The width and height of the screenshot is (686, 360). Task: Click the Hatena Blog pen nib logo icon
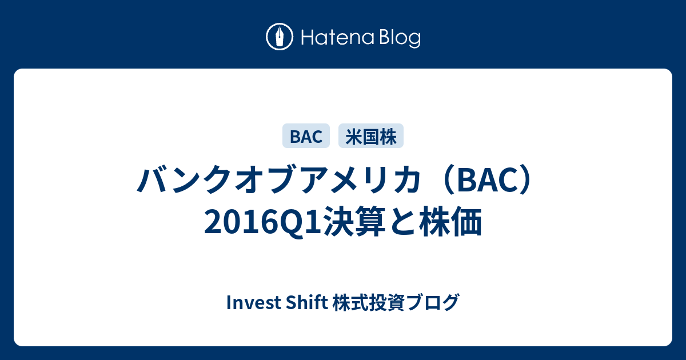pyautogui.click(x=280, y=37)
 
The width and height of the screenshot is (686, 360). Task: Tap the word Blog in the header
pyautogui.click(x=400, y=38)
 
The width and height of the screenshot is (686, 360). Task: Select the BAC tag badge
pyautogui.click(x=306, y=136)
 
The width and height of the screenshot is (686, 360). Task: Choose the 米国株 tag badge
pyautogui.click(x=371, y=136)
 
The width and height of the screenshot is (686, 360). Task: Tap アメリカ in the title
pyautogui.click(x=361, y=179)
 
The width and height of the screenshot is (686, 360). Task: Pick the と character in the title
pyautogui.click(x=402, y=222)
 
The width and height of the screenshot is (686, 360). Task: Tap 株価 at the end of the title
pyautogui.click(x=451, y=222)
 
